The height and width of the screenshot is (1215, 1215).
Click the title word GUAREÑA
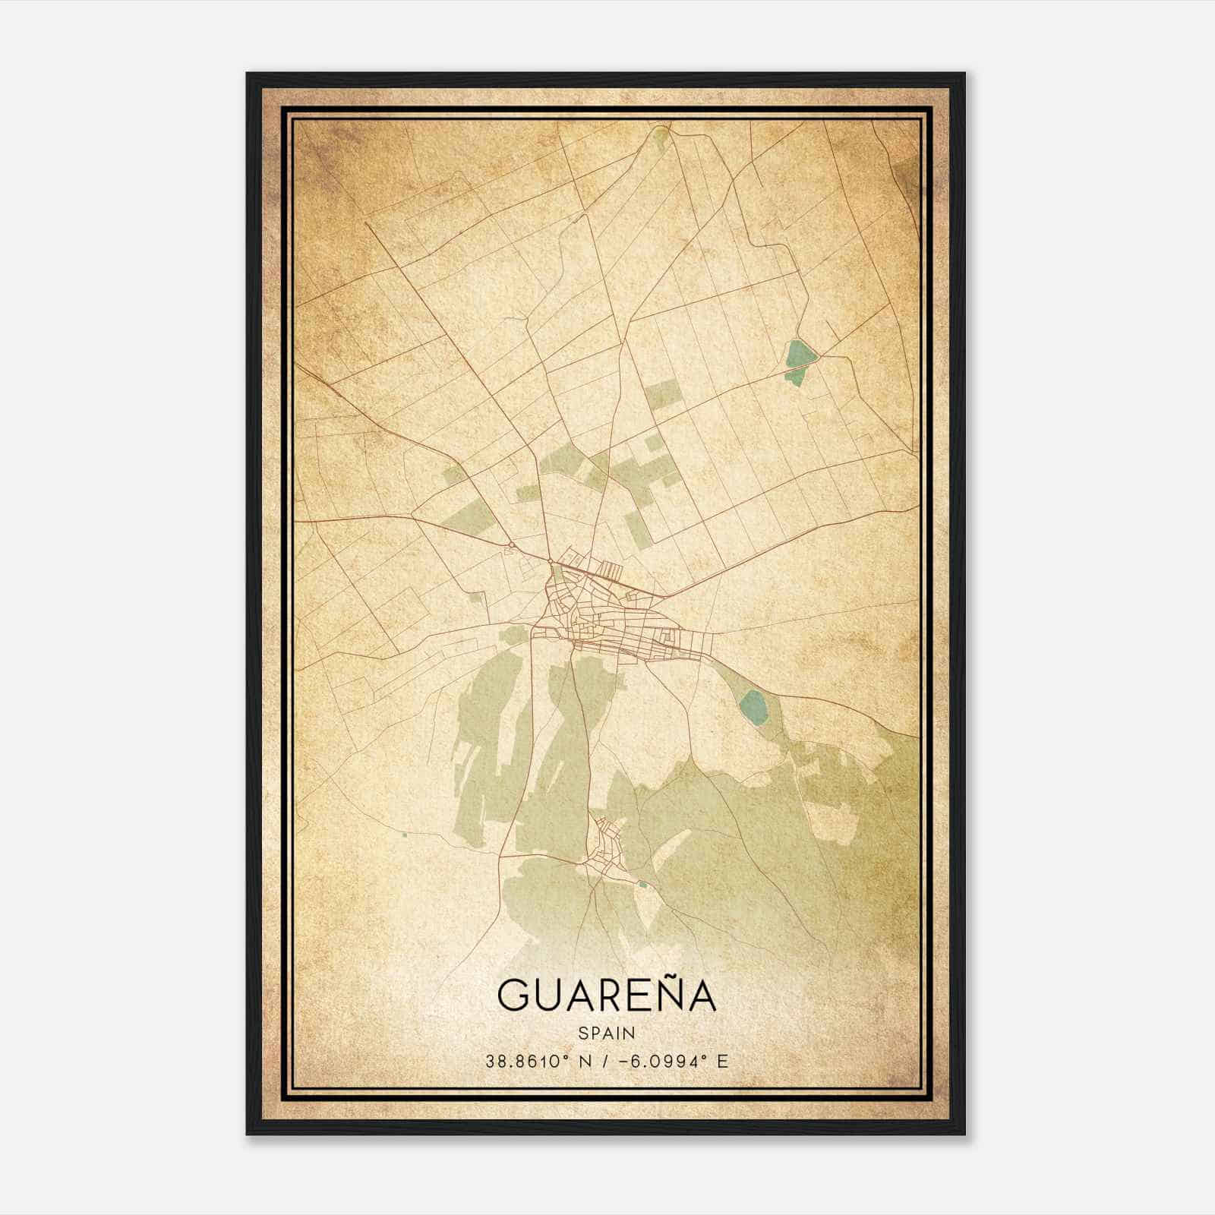tap(606, 996)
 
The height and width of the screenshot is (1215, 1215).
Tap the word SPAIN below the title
tap(606, 1033)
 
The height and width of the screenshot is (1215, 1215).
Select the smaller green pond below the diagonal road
tap(794, 374)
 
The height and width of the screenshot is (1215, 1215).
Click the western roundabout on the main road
tap(513, 544)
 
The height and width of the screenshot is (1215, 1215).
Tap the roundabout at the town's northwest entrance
tap(550, 561)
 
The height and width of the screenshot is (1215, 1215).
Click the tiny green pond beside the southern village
tap(643, 883)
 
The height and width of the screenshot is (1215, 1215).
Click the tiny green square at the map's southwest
tap(405, 835)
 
